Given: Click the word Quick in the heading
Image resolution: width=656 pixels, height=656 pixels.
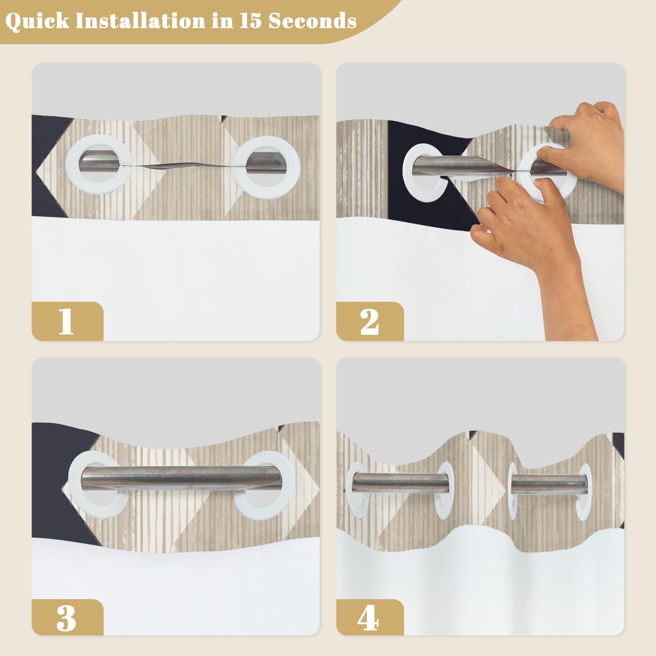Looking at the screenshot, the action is pos(38,21).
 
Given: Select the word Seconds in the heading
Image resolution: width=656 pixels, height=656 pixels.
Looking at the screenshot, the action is pos(312,21).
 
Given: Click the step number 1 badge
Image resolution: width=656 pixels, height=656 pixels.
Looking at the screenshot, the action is pos(67,321).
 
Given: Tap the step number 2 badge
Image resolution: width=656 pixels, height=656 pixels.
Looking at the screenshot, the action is pos(370,321).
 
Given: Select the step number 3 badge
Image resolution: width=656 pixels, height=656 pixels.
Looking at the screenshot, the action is pos(67,618).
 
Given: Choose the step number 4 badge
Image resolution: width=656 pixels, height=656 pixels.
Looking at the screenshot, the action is pos(370,618).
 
